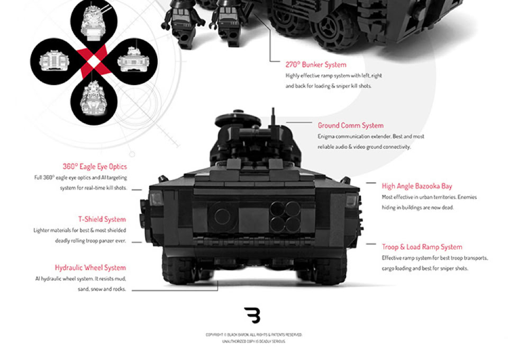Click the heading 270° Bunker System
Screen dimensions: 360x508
316,65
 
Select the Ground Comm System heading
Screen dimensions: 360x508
350,125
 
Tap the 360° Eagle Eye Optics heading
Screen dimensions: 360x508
95,167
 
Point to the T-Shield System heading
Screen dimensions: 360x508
102,219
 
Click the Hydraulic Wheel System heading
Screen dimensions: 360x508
90,268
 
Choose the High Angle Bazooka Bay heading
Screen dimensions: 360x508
416,186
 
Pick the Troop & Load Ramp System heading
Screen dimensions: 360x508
422,247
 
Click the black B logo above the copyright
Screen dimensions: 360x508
252,315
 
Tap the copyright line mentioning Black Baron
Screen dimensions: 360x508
253,335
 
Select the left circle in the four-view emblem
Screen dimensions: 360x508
51,61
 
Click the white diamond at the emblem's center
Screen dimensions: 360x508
94,61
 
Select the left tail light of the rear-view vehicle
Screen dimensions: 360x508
156,200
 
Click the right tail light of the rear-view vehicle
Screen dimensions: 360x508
350,201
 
